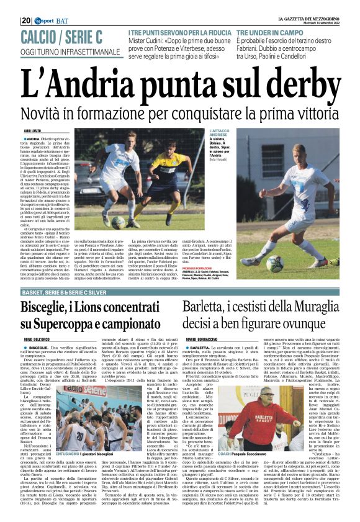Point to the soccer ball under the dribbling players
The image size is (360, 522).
119,221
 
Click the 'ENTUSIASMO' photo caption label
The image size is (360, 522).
68,454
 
